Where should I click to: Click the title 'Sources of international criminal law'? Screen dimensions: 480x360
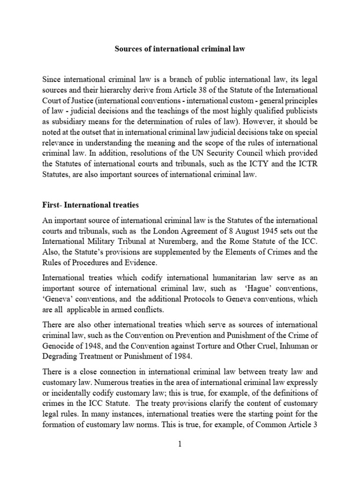[x=180, y=49]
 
